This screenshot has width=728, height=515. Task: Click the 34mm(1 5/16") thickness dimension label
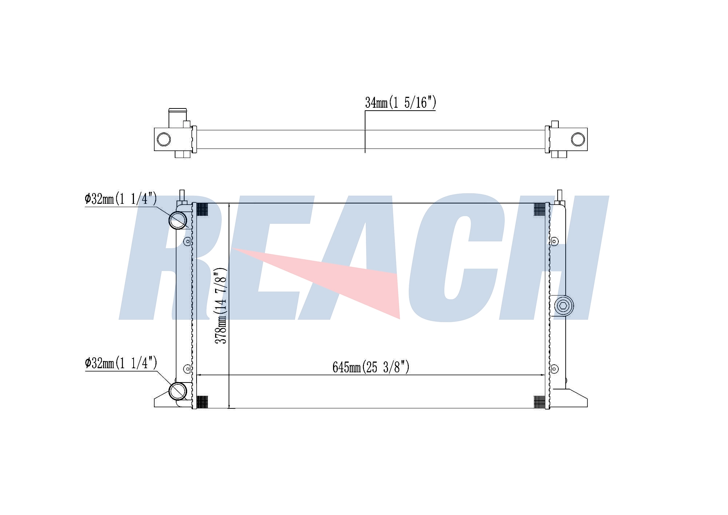[400, 103]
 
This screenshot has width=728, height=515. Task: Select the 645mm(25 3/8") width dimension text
[371, 367]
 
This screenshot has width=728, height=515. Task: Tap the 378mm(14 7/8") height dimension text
[221, 306]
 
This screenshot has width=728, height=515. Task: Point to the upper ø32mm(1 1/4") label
[121, 199]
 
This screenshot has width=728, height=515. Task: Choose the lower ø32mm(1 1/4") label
[121, 363]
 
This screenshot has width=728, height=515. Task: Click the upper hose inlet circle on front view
[178, 220]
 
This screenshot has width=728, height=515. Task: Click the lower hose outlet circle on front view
[178, 391]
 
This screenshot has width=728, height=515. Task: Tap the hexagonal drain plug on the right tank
[563, 306]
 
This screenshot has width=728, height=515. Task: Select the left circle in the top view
[164, 139]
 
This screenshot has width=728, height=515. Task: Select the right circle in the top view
[578, 139]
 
